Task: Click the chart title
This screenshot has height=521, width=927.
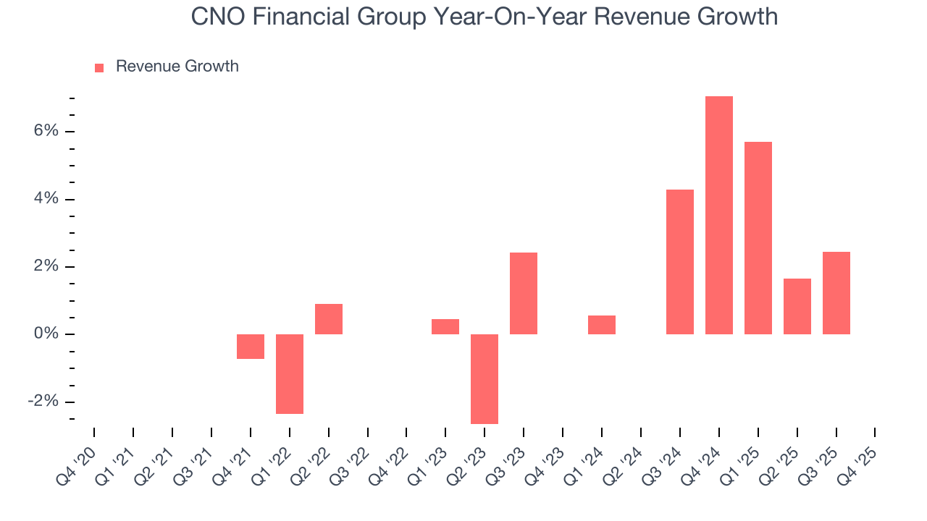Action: click(x=484, y=16)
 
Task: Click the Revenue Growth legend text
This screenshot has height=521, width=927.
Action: click(x=177, y=67)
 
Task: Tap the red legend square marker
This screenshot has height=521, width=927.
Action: click(x=99, y=67)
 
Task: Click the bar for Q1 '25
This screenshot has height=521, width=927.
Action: click(x=758, y=238)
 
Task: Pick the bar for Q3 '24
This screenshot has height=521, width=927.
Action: click(x=679, y=262)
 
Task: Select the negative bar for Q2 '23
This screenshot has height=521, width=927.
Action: click(x=485, y=378)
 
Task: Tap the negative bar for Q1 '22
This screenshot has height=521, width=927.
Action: click(x=289, y=373)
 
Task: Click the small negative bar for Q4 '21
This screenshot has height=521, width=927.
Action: click(x=250, y=346)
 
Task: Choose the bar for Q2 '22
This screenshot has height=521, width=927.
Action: click(x=328, y=319)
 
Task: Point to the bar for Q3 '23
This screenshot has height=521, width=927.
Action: click(x=524, y=293)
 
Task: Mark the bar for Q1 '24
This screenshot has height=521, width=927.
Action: click(x=601, y=325)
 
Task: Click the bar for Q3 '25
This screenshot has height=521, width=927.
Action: click(x=836, y=293)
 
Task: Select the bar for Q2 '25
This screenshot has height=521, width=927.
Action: click(x=797, y=306)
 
